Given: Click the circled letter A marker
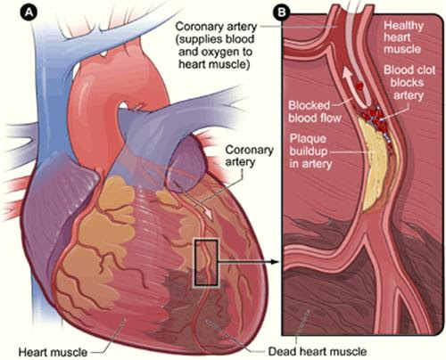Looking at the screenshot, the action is click(29, 12).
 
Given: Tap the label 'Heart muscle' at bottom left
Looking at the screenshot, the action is click(53, 352).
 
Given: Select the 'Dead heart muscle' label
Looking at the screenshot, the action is click(318, 352).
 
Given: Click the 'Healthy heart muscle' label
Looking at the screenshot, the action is click(403, 37).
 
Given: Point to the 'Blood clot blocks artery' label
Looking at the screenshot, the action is click(409, 83).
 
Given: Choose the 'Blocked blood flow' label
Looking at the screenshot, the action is click(315, 111).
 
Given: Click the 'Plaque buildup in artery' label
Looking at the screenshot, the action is click(310, 151).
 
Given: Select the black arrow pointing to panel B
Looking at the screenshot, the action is click(248, 262).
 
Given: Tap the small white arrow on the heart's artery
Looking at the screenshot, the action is click(194, 202).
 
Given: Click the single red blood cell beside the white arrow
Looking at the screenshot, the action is click(359, 86).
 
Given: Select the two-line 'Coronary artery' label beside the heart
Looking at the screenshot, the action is click(249, 156).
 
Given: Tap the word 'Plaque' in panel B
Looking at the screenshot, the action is click(308, 139).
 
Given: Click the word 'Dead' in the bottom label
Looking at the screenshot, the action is click(282, 352).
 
